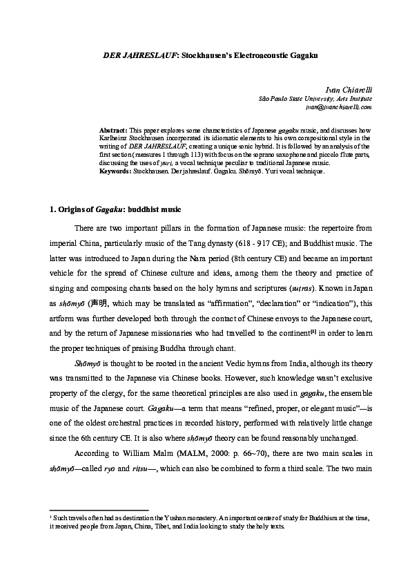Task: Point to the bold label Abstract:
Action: (x=113, y=130)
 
